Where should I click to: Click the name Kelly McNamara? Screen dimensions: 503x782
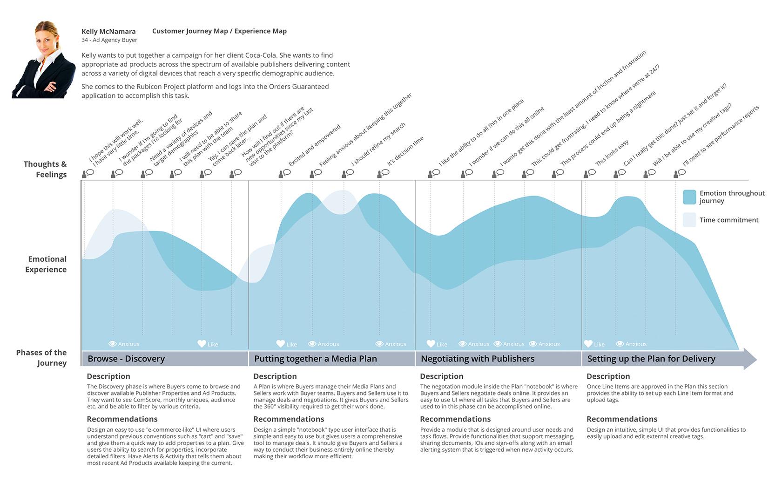(108, 32)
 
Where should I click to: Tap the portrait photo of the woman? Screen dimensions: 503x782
(44, 60)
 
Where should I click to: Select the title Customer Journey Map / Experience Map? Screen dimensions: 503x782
(219, 31)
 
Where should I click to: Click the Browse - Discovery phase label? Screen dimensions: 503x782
(126, 359)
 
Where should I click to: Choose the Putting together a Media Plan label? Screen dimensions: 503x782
(316, 359)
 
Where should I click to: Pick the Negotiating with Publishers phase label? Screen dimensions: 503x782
(478, 359)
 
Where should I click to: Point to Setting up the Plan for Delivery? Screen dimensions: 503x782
(651, 359)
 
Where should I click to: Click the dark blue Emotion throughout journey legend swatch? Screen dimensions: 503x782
(689, 197)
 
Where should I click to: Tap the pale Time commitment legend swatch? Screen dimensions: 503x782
(689, 220)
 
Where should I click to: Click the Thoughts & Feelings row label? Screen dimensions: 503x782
(45, 169)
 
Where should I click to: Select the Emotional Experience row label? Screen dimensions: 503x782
(46, 264)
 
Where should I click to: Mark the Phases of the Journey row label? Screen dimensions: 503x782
(41, 358)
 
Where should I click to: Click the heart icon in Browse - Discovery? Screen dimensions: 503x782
(202, 344)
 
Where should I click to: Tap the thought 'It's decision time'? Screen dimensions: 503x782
(405, 151)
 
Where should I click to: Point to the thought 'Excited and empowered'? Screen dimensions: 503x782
(315, 145)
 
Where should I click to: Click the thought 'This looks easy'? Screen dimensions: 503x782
(612, 152)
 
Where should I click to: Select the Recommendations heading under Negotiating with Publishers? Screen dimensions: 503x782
(455, 419)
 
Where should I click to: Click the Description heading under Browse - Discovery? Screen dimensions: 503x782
(108, 376)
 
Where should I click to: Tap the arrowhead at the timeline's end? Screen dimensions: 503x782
(749, 359)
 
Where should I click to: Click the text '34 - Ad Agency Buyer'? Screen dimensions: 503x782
(109, 40)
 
